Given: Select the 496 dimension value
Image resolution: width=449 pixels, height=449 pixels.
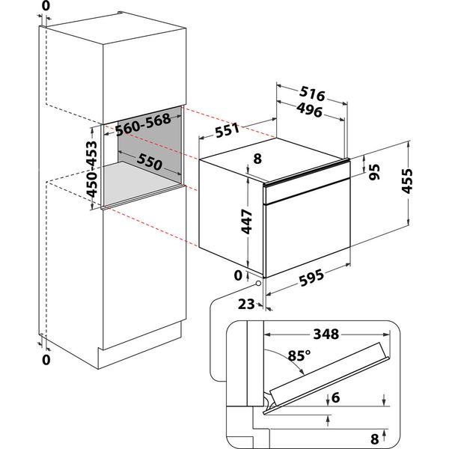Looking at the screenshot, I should click(x=308, y=112).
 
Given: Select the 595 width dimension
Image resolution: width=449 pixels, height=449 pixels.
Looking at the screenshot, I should click(x=306, y=278).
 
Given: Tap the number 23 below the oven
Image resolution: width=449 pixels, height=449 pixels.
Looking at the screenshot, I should click(x=247, y=304).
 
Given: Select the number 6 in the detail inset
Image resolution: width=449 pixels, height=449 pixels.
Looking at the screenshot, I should click(x=338, y=400).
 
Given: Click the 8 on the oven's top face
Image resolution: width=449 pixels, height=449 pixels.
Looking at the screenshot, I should click(x=257, y=158).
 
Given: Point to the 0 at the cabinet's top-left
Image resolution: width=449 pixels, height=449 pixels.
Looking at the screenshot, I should click(x=46, y=7).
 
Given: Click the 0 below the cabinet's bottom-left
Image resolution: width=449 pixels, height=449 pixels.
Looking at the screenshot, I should click(x=46, y=360).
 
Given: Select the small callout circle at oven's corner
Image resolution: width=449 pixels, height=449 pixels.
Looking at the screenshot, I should click(x=259, y=282).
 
